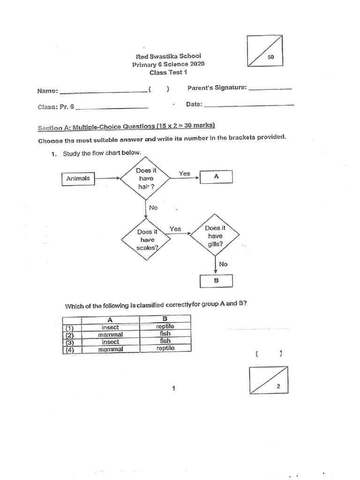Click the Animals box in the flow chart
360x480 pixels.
tap(78, 179)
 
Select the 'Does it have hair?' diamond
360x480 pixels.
tap(146, 179)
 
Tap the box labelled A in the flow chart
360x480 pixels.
tap(216, 177)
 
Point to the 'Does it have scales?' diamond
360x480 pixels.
tap(146, 240)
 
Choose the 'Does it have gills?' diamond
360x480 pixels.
tap(215, 236)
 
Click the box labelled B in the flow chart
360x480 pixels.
tap(216, 281)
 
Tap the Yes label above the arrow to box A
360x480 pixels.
tap(185, 173)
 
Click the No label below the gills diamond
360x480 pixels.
tap(223, 264)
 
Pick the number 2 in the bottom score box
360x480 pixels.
tap(278, 386)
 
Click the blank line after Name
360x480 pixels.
tap(103, 91)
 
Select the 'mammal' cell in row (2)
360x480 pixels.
tap(111, 334)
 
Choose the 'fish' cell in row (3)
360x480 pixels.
tap(165, 341)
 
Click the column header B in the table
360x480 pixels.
tap(165, 319)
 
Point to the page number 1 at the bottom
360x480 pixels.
tap(173, 388)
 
